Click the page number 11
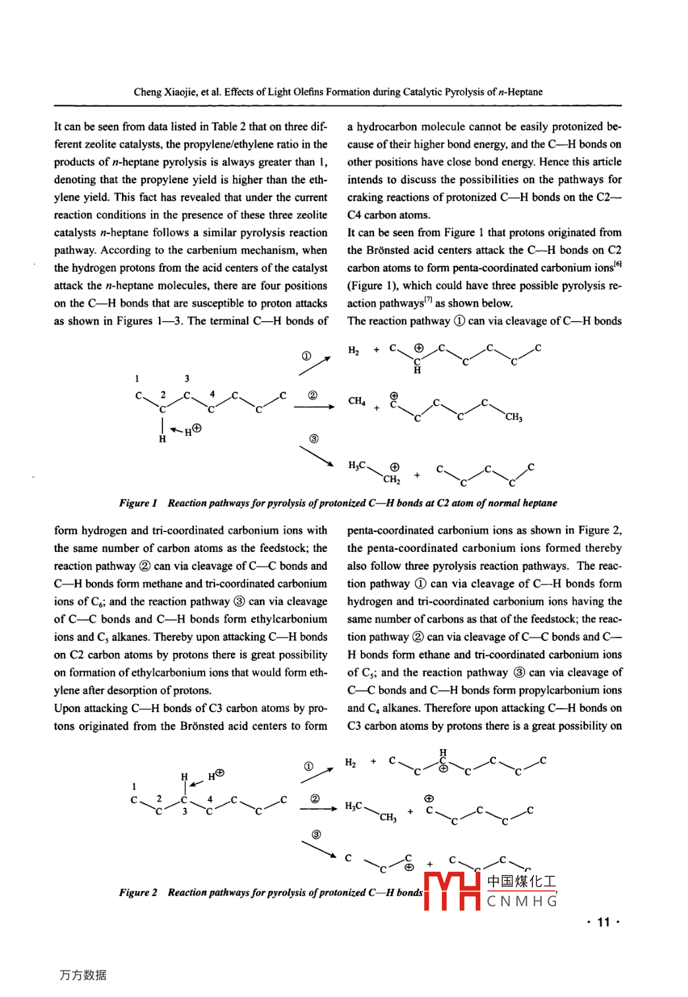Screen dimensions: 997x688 point(603,922)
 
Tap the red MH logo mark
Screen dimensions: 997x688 point(452,891)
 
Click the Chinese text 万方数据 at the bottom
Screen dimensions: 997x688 point(83,975)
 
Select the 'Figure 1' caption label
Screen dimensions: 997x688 point(138,503)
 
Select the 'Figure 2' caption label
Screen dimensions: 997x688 point(138,893)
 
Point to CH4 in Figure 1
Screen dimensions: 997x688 point(356,401)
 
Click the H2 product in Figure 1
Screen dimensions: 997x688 point(354,350)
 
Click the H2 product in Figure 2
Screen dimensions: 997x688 point(350,763)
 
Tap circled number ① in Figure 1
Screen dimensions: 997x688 point(307,356)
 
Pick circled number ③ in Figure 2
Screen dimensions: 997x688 point(316,835)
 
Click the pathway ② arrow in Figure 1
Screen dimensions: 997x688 point(314,407)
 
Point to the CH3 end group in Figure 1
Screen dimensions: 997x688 point(514,417)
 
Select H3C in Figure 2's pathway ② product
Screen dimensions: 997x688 point(354,806)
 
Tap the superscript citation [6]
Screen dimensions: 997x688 point(617,264)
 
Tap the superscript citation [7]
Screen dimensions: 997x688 point(428,300)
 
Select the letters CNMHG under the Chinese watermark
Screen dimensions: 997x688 point(522,901)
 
